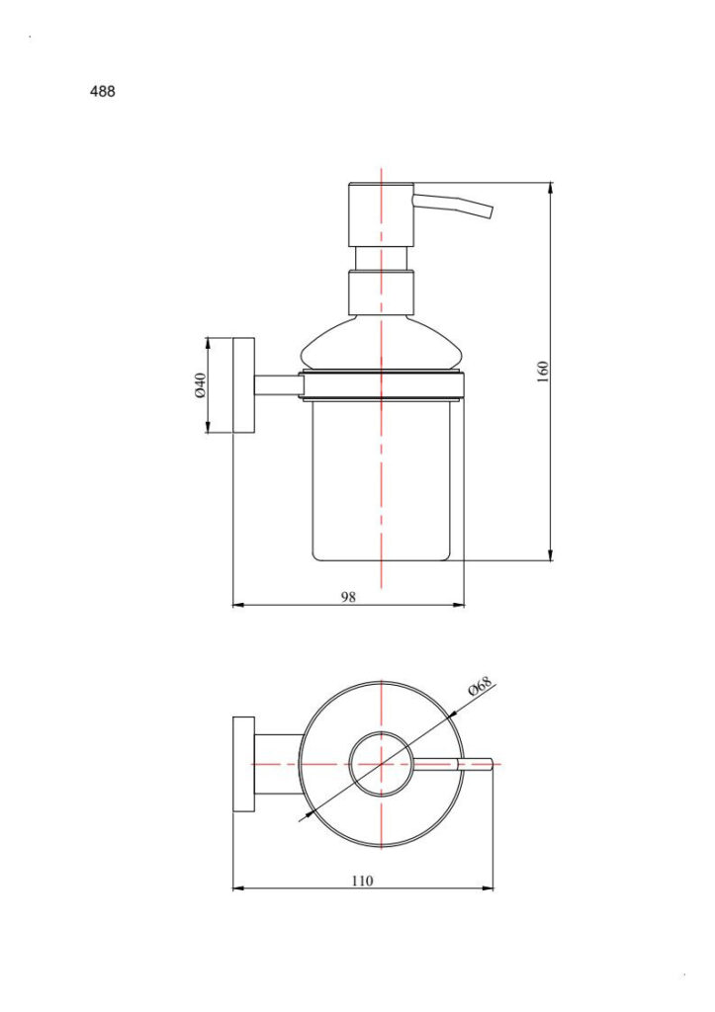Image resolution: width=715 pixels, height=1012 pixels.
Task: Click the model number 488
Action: point(102,92)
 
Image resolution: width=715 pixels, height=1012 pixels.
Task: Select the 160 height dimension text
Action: point(543,372)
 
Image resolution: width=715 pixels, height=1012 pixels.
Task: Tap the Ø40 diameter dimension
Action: point(200,384)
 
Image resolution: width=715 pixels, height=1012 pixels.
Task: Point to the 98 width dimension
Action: point(348,597)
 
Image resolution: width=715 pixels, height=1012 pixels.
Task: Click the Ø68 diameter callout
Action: point(481,686)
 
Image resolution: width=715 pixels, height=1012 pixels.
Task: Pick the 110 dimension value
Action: point(362,881)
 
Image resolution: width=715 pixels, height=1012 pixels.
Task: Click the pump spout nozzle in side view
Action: point(453,206)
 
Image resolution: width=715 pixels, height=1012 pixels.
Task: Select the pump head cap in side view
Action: point(381,214)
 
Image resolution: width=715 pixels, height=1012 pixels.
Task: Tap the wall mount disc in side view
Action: point(243,385)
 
